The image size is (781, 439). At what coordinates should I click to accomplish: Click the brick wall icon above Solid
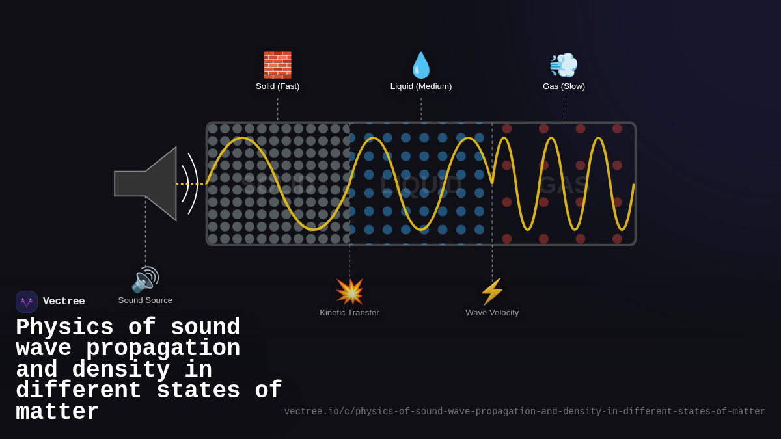click(x=277, y=65)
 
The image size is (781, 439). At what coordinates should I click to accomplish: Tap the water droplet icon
click(x=421, y=65)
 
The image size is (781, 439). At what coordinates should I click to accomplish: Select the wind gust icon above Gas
click(x=564, y=65)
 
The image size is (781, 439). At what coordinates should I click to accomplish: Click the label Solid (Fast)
click(x=277, y=86)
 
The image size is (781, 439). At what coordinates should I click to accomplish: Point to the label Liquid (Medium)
click(x=421, y=86)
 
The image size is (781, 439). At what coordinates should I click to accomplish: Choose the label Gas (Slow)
click(x=564, y=86)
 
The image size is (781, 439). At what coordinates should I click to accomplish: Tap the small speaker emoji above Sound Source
click(x=145, y=280)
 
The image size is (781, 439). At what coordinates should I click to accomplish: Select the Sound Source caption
click(x=145, y=300)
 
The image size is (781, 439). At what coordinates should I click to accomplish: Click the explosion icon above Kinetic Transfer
click(x=349, y=291)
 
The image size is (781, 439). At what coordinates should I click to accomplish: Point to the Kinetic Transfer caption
click(x=349, y=313)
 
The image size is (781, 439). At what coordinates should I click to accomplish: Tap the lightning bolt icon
click(x=492, y=291)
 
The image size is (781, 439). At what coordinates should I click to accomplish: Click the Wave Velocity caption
click(x=492, y=313)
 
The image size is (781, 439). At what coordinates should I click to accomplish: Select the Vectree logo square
click(x=27, y=302)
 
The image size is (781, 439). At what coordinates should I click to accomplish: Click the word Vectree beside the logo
click(x=64, y=302)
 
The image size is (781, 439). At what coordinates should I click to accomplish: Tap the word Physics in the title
click(x=64, y=327)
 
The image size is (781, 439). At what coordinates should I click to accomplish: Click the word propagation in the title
click(x=163, y=349)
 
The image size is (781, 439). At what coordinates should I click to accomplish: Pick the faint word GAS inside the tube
click(x=564, y=185)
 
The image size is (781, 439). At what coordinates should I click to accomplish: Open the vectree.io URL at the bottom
click(x=525, y=412)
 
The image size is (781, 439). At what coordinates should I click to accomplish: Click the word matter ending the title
click(x=57, y=412)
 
